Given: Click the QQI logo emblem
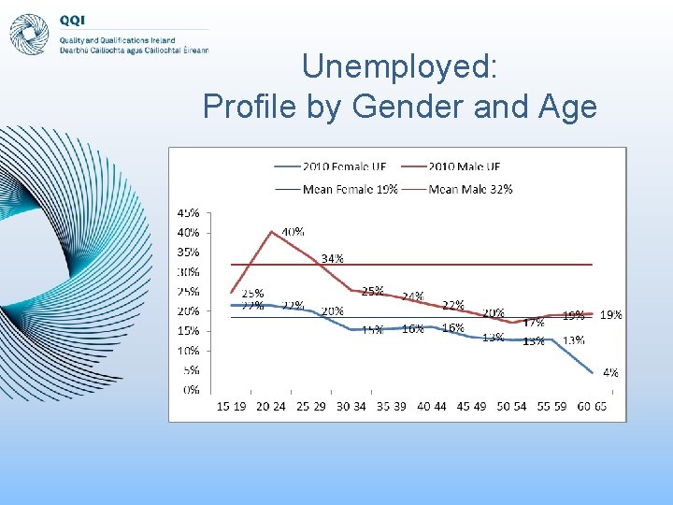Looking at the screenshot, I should [29, 34].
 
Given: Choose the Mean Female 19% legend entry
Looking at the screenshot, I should [337, 188].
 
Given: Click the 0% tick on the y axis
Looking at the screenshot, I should [191, 389].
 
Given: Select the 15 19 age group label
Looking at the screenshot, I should [231, 406].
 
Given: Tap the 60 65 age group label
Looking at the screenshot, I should [593, 406].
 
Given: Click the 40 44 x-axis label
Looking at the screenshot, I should [432, 406].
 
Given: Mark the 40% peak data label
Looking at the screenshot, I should [293, 231].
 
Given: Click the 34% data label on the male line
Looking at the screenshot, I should [332, 258].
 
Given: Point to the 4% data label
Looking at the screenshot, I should [610, 372].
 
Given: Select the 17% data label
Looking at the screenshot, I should [534, 322].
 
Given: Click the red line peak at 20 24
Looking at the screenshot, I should [271, 232].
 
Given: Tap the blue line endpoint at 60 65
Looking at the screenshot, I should [593, 373].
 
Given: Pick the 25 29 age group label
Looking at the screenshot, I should [311, 406].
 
